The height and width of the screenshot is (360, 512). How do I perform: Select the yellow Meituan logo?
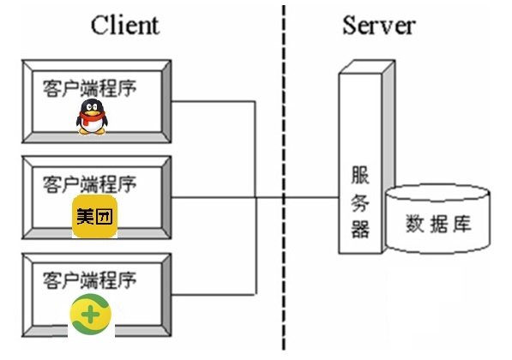point(93,217)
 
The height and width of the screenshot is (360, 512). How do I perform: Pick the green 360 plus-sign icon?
point(91,315)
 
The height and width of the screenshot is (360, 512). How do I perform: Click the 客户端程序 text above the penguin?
point(89,87)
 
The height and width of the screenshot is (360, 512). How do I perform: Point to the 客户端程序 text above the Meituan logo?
point(89,183)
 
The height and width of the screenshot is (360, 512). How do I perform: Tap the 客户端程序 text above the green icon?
point(89,279)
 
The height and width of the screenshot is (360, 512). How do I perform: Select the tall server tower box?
point(360,163)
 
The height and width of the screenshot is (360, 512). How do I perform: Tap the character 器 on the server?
point(360,229)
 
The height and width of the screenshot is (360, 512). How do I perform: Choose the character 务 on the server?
point(360,202)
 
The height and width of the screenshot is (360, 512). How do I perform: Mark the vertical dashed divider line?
point(283,171)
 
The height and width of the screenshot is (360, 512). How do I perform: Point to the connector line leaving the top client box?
point(214,102)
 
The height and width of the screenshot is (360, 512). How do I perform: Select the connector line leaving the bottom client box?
point(214,293)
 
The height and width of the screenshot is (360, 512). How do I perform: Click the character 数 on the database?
point(415,225)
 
